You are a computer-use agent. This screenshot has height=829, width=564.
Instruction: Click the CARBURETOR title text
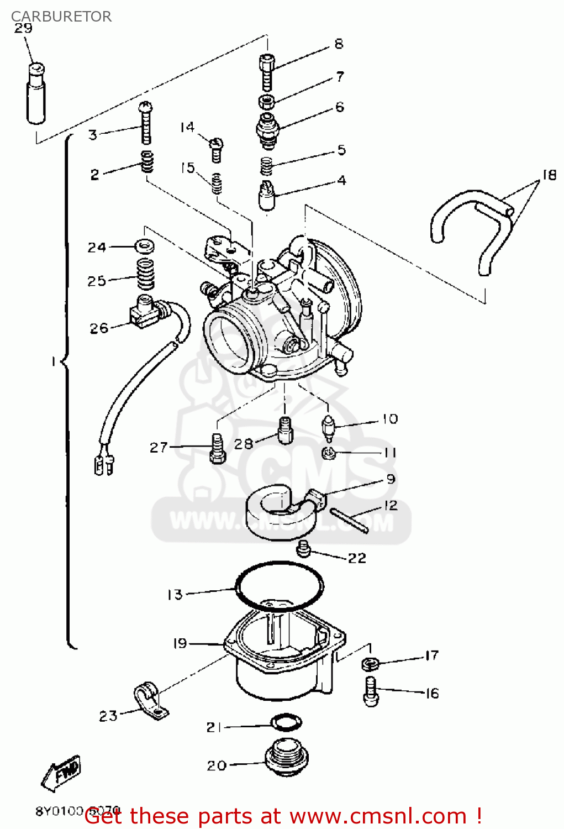61,16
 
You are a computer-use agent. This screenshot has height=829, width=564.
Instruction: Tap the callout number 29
23,28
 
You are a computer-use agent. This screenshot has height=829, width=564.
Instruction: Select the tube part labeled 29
35,95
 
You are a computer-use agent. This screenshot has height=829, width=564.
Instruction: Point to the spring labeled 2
147,161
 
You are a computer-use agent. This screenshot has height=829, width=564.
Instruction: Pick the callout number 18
549,175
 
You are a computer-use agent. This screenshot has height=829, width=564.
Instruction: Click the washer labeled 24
145,245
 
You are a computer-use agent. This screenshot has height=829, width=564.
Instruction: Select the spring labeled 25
145,274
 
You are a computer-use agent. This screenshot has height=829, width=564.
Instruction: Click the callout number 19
180,643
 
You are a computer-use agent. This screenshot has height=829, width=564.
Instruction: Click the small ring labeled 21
286,722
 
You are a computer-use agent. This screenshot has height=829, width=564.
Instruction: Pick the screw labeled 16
371,691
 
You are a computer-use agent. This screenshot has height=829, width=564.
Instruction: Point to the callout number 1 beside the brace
53,361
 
